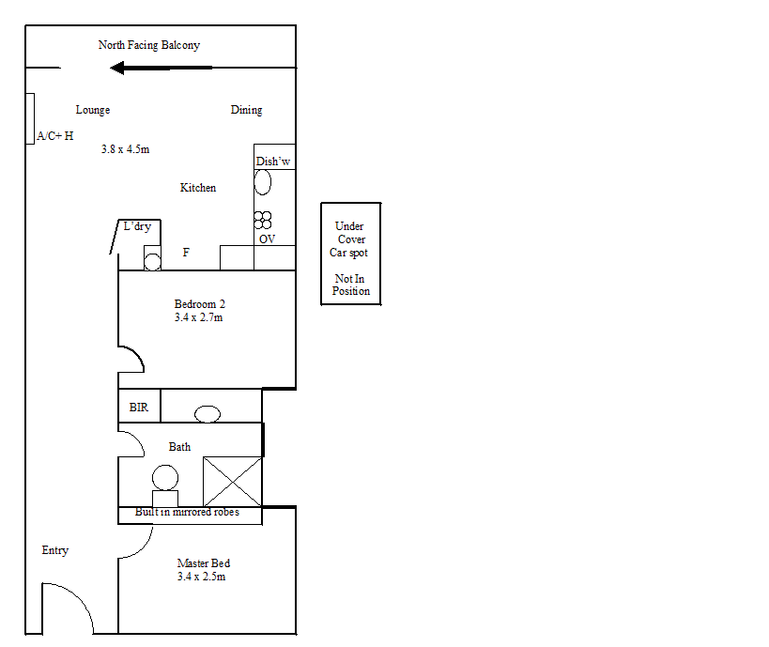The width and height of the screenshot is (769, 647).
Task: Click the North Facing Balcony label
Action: [149, 45]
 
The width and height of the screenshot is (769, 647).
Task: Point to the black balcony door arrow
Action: [161, 68]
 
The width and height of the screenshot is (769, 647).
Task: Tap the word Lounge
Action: [93, 110]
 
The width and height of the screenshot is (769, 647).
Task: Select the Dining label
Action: [246, 110]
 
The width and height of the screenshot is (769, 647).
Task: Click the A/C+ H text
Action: [55, 136]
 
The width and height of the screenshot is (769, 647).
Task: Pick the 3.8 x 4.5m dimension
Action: [126, 149]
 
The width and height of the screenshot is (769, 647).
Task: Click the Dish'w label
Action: [273, 162]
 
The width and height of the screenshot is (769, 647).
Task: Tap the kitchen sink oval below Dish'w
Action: [264, 183]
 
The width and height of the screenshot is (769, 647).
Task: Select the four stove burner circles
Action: [263, 220]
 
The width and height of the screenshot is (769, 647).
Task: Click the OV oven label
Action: [268, 239]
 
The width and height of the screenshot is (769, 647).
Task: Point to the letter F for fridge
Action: [186, 253]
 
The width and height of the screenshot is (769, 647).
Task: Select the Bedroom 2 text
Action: [200, 304]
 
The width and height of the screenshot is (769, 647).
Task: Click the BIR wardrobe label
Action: [139, 408]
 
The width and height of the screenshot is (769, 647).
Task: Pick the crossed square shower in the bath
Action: [232, 481]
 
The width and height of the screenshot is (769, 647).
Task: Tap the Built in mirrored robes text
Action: [187, 513]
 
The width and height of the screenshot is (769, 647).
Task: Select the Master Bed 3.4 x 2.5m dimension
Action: [201, 577]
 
